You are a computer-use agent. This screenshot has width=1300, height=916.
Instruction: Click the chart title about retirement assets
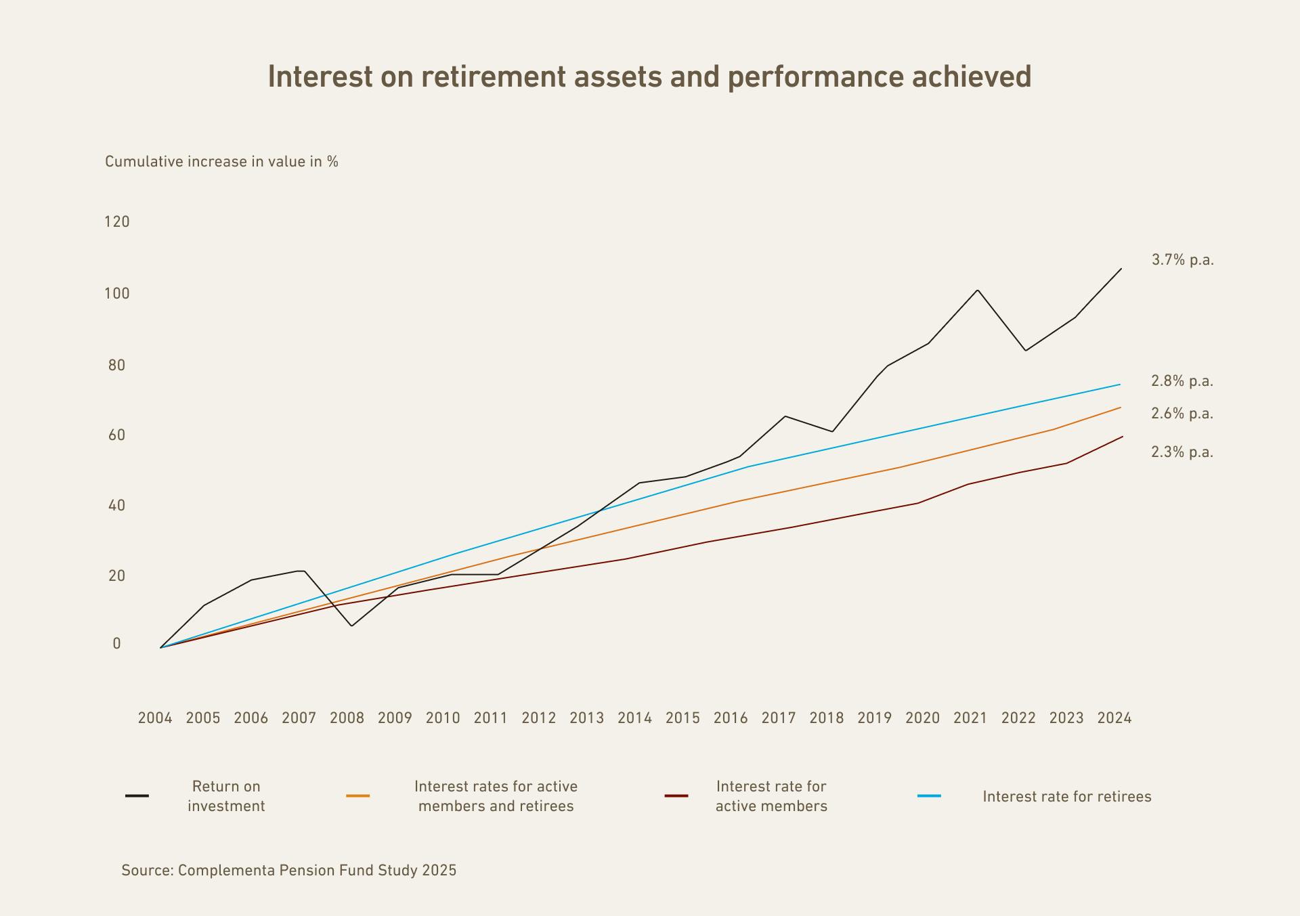coord(649,77)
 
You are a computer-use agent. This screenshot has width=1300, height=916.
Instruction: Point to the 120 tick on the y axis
coord(116,221)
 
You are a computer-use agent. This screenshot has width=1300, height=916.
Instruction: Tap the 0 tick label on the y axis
coord(116,644)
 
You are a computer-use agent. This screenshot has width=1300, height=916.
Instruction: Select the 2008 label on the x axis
coord(347,718)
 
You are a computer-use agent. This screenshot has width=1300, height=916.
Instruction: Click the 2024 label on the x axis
coord(1114,718)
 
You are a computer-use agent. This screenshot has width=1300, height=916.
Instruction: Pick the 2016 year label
coord(731,718)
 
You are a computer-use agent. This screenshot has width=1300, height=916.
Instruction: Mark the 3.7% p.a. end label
coord(1182,260)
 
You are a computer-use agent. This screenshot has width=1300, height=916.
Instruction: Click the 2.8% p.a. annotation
coord(1182,381)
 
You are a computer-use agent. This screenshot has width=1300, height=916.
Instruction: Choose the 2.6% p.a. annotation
coord(1182,414)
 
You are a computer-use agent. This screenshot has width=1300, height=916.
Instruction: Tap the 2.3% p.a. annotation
coord(1182,452)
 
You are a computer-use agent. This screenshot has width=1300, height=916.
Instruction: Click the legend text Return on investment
coord(226,796)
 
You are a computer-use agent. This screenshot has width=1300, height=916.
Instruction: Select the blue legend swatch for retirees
coord(929,796)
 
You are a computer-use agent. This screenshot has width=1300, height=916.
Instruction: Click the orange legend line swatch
coord(357,796)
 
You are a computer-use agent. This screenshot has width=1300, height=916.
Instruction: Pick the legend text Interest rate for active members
coord(771,796)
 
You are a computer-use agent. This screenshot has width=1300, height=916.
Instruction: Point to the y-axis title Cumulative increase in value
coord(221,162)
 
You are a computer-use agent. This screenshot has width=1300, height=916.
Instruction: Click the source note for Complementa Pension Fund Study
coord(288,870)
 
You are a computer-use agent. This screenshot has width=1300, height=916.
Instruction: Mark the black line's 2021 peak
coord(978,290)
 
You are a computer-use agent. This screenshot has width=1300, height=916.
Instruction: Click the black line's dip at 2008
coord(351,626)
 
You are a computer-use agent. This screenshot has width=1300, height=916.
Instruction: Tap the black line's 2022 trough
coord(1026,350)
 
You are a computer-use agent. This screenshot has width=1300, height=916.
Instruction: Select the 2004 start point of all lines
coord(160,648)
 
